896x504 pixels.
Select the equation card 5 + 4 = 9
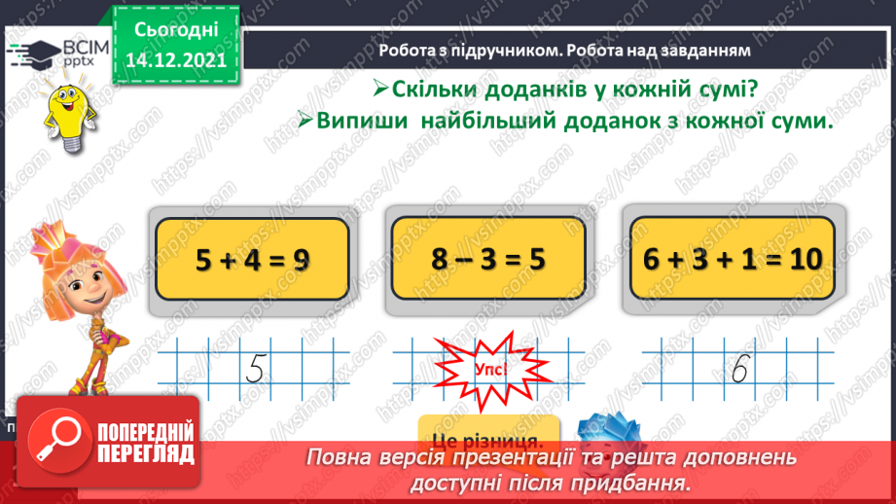[252, 259]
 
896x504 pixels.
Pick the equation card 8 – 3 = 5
[487, 259]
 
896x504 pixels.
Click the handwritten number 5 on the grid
[256, 369]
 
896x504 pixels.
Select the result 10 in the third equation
[799, 260]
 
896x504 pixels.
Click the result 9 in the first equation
[303, 261]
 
